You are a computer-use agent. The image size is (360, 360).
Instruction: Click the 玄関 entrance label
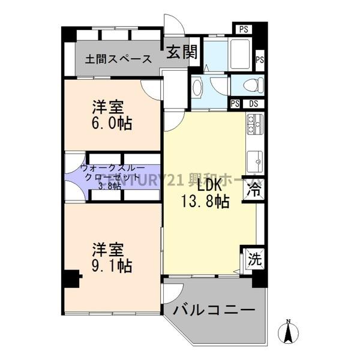pos(181,52)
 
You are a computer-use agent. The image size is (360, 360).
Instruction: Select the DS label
pos(254,103)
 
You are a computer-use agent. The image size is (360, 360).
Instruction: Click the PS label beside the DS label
pos(236,103)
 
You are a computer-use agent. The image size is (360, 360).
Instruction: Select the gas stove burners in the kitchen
pos(252,127)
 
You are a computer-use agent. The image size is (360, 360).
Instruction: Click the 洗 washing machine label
pos(254,260)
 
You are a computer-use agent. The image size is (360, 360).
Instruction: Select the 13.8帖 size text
pos(205,202)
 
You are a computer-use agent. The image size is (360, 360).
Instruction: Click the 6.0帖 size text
pos(112,124)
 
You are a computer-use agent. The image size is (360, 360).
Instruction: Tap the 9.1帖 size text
pos(112,264)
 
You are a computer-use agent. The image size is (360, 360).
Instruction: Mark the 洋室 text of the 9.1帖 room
pos(108,248)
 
